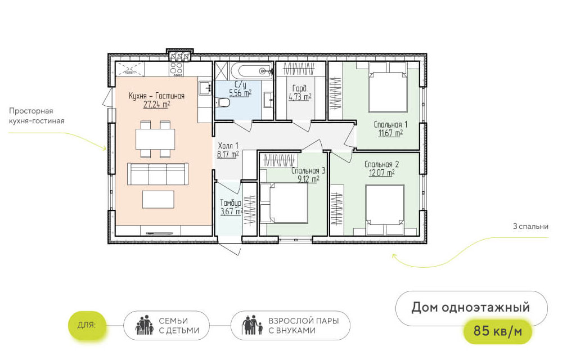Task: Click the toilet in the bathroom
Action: [223, 102]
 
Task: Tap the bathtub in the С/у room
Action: [251, 71]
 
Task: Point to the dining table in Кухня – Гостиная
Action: [155, 139]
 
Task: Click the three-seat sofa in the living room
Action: [157, 174]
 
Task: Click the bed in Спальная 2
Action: [385, 210]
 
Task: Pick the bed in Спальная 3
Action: [283, 202]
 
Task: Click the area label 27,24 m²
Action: [156, 104]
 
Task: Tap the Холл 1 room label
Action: [228, 146]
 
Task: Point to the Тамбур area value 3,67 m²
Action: [231, 211]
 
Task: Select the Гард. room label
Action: [300, 88]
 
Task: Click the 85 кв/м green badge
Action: [497, 331]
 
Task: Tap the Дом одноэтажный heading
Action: [471, 307]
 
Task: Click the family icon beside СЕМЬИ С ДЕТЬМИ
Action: [145, 325]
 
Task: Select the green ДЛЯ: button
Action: [87, 325]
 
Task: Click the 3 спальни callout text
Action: [530, 226]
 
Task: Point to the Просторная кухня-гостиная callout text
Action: [37, 116]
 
